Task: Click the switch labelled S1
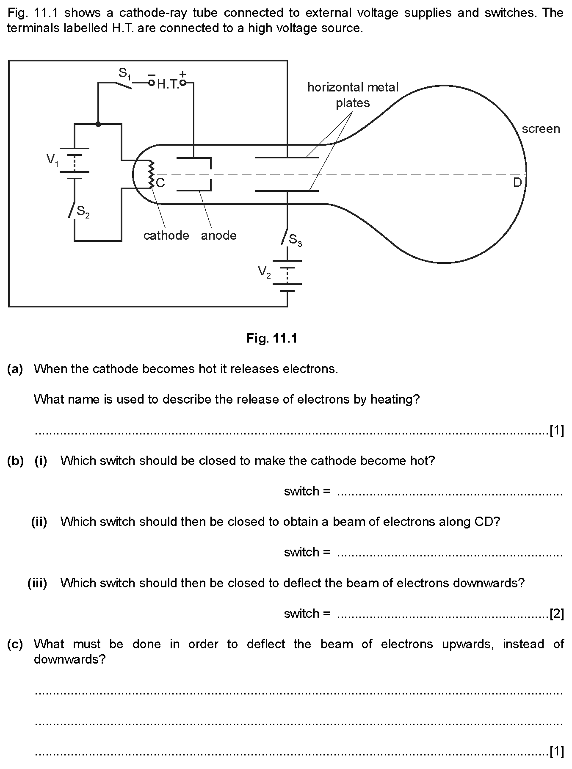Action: [x=123, y=85]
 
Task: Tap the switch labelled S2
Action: [x=72, y=210]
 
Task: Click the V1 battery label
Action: [x=52, y=160]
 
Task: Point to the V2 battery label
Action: [x=264, y=272]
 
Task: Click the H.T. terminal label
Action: [x=168, y=85]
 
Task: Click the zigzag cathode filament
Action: [x=151, y=174]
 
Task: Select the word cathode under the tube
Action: [x=166, y=235]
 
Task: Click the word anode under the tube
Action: [x=219, y=235]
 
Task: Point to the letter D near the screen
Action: [x=517, y=183]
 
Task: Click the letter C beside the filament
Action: [x=160, y=183]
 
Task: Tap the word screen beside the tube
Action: [x=541, y=129]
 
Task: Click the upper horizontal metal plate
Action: [x=287, y=158]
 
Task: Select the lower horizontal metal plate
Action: [x=287, y=191]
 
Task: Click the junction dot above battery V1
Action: [x=98, y=124]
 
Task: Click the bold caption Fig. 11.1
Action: [x=272, y=338]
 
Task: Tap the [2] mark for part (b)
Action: [x=556, y=613]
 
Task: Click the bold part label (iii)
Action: [x=37, y=583]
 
